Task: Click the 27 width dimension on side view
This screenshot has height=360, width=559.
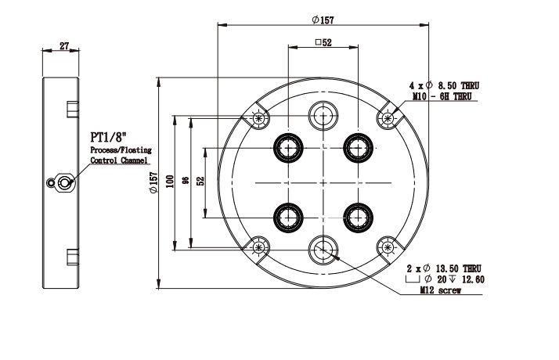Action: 64,45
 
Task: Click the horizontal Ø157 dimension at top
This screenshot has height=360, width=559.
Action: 321,20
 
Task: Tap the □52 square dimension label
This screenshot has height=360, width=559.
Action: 323,43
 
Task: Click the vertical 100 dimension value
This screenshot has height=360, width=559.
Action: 169,182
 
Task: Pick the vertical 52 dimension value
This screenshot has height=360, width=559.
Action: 200,182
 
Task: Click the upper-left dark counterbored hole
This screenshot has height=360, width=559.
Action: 288,146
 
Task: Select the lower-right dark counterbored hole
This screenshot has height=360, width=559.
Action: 359,216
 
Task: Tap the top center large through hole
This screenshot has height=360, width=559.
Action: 323,115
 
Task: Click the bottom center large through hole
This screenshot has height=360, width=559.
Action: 323,249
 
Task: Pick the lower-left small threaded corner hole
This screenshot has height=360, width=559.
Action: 259,248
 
